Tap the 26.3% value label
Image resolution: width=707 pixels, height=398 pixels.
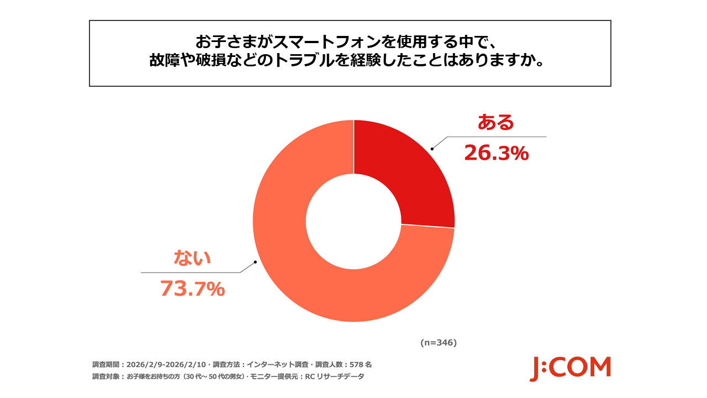point(496,153)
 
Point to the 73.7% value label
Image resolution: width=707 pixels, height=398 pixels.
point(192,289)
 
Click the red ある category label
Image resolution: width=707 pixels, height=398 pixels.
point(495,123)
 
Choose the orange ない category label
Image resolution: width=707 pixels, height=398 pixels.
point(193,258)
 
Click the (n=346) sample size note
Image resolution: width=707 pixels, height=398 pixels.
point(438,343)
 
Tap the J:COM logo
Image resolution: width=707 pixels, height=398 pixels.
point(570,368)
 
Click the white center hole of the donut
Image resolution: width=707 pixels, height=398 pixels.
point(353,221)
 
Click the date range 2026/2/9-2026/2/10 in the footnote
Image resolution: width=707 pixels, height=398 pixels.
point(166,365)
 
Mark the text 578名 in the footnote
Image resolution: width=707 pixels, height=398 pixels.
point(361,365)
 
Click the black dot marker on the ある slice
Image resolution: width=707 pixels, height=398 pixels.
point(432,148)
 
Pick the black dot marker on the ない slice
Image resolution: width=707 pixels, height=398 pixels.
point(255,262)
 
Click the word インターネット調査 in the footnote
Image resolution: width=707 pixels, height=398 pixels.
point(272,365)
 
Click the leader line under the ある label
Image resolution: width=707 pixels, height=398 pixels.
point(497,137)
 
